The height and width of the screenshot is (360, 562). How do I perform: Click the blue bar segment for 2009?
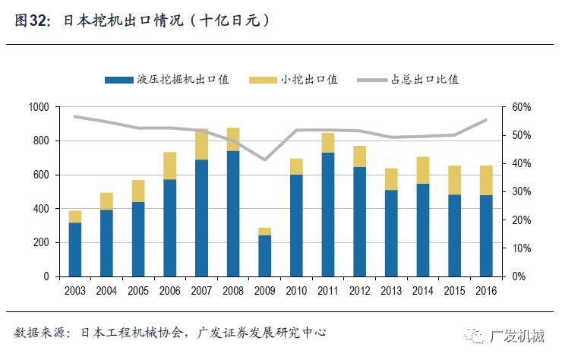tap(264, 255)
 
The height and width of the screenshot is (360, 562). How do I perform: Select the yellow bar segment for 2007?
tap(201, 144)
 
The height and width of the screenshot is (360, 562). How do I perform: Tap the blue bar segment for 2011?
tap(328, 214)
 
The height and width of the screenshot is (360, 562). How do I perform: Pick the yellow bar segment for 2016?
tap(486, 180)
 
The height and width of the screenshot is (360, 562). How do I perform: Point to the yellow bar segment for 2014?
tap(423, 170)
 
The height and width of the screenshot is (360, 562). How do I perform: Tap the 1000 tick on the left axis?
tap(37, 107)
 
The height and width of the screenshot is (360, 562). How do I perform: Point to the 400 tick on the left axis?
tap(40, 209)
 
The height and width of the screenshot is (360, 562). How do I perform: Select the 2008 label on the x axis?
tap(233, 289)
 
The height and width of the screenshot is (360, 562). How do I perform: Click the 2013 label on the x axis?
tap(391, 289)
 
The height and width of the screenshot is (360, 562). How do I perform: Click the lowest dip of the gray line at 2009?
tap(264, 159)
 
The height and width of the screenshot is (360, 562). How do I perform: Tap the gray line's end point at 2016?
tap(486, 120)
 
